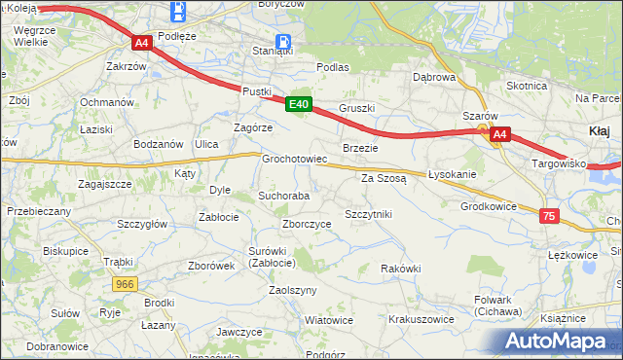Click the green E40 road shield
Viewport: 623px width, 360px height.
coord(299,105)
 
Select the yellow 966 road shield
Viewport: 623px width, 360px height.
coord(124,284)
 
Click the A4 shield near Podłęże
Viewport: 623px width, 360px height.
coord(141,44)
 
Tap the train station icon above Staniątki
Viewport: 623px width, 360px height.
coord(283,42)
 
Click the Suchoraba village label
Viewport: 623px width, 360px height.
coord(283,196)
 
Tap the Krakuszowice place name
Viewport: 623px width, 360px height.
coord(421,318)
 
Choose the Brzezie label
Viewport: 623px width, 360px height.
coord(360,147)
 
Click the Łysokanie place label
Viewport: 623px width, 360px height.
coord(453,175)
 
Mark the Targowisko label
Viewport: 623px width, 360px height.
coord(558,163)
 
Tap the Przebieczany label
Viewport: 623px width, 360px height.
coord(39,210)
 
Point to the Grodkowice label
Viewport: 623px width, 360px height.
coord(489,206)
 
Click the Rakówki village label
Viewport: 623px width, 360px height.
coord(401,269)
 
